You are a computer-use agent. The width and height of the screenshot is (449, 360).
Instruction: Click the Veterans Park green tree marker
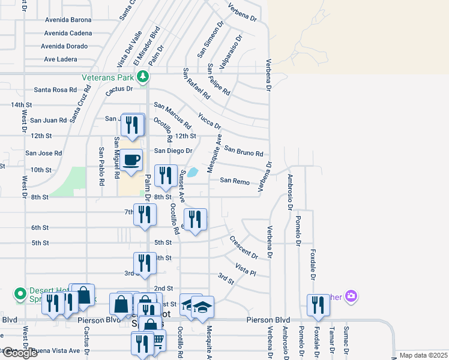(x=143, y=76)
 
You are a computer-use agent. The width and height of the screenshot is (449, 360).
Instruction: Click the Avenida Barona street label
(x=68, y=19)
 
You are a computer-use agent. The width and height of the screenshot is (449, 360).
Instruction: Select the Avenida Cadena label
(x=68, y=33)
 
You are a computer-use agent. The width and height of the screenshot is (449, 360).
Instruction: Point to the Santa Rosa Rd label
(x=55, y=90)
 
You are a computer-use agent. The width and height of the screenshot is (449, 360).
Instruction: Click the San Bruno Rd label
(x=244, y=151)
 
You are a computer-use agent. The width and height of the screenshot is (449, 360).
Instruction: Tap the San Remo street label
(x=234, y=181)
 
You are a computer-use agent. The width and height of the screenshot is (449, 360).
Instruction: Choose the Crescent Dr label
(x=243, y=247)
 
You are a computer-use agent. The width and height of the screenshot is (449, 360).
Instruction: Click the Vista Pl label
(x=246, y=269)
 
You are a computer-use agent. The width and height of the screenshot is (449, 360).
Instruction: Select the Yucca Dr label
(x=209, y=121)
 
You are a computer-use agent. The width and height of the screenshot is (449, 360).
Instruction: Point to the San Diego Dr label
(x=173, y=151)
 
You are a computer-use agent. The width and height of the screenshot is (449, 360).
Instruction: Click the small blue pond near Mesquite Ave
(x=193, y=173)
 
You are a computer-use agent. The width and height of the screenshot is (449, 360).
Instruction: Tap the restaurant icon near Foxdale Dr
(x=318, y=305)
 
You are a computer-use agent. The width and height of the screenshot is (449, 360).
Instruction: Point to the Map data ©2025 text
(x=423, y=355)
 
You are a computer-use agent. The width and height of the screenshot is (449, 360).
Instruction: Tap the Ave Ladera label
(x=61, y=59)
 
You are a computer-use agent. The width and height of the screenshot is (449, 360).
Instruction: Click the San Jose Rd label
(x=43, y=153)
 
